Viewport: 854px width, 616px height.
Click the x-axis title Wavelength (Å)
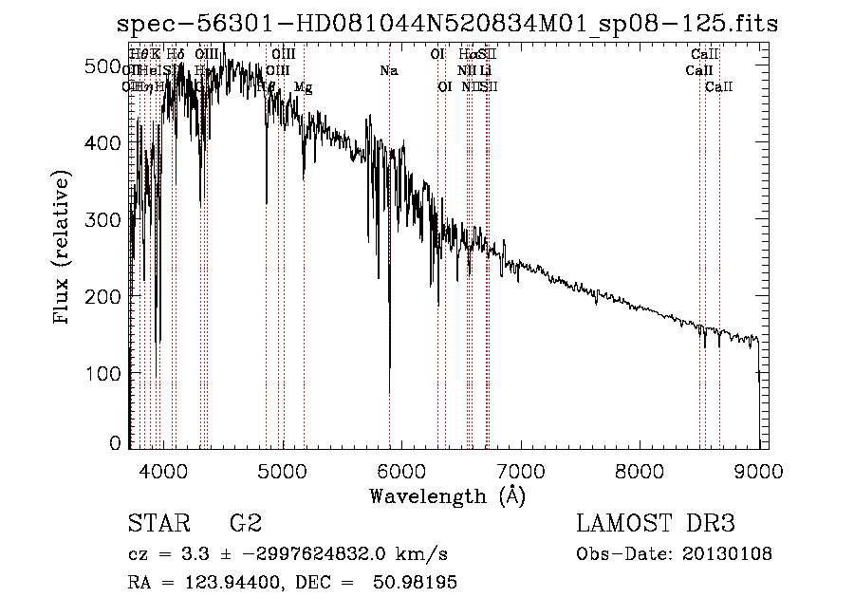click(x=447, y=495)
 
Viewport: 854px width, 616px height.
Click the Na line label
click(x=388, y=70)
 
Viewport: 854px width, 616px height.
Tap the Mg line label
click(x=303, y=87)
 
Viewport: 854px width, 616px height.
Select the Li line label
click(x=485, y=70)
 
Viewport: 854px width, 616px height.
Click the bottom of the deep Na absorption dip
click(x=389, y=392)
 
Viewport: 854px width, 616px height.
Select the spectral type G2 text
click(x=245, y=524)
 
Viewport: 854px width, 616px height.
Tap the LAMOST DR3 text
click(x=656, y=524)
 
